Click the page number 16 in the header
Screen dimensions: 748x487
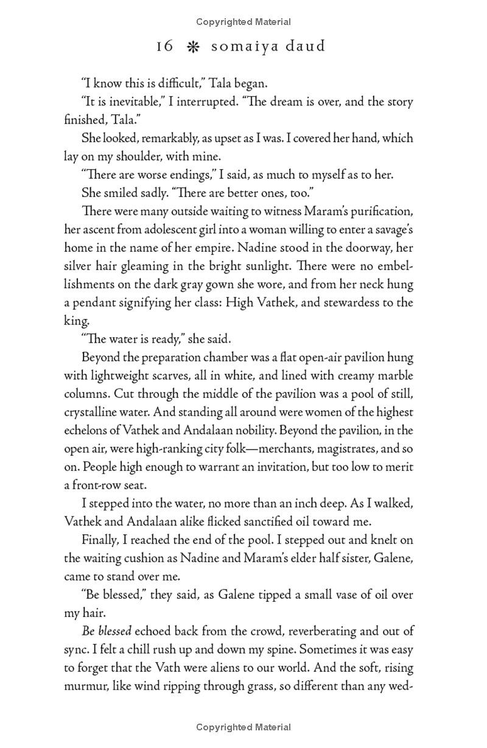(x=164, y=46)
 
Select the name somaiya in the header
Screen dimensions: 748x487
(x=239, y=46)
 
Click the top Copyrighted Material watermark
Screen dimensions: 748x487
(x=243, y=22)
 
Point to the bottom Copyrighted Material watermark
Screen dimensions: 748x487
(x=243, y=727)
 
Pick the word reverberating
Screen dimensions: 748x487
(x=321, y=631)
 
